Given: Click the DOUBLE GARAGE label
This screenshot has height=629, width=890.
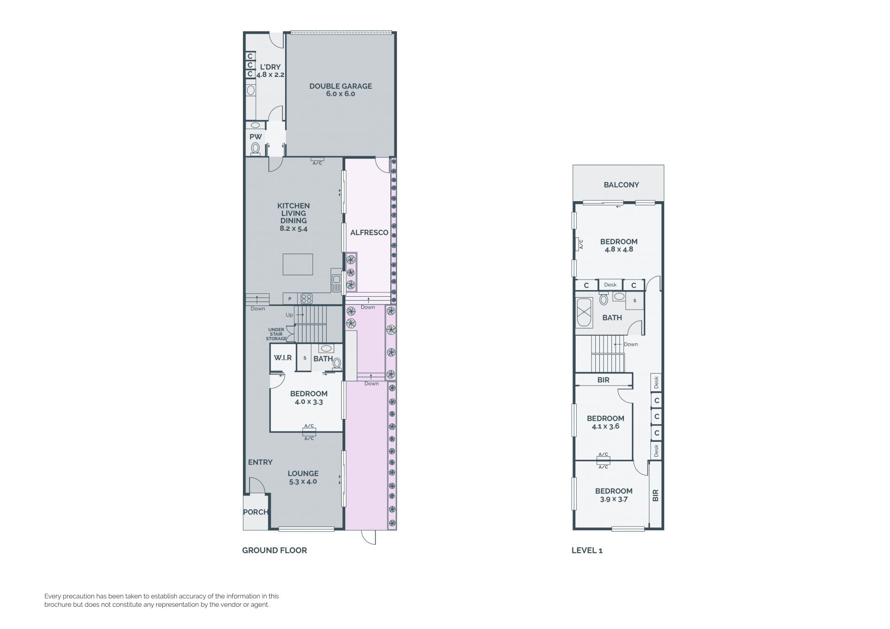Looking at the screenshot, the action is click(341, 86).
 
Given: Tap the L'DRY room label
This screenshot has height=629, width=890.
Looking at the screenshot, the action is click(270, 67).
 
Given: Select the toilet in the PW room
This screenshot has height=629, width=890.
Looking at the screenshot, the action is click(255, 148).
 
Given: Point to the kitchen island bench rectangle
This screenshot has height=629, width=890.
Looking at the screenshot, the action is click(298, 264).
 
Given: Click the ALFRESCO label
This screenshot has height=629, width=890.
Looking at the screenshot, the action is click(369, 233).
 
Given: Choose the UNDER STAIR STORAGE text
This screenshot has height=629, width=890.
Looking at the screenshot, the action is click(276, 334).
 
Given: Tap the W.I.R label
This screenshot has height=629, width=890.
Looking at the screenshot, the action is click(283, 358).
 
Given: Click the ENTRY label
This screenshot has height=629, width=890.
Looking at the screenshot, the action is click(260, 462).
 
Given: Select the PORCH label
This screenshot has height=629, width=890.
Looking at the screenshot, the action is click(255, 512).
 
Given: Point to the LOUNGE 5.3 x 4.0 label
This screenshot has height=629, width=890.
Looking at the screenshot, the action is click(303, 477).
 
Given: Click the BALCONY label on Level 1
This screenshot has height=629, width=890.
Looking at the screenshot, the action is click(621, 185).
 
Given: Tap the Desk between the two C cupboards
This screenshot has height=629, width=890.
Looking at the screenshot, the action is click(610, 285).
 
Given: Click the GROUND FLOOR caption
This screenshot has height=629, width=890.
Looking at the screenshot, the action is click(274, 550).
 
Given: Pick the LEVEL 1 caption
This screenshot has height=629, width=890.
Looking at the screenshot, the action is click(587, 550).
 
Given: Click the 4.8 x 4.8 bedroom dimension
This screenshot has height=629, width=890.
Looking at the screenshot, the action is click(619, 249).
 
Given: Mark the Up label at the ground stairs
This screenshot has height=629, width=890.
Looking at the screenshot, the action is click(289, 315).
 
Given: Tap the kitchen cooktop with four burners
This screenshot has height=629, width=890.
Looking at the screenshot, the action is click(306, 299).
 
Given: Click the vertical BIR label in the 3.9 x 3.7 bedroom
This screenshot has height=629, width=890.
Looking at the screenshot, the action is click(655, 496).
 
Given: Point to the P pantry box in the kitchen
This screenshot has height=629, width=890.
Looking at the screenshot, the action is click(290, 299).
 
